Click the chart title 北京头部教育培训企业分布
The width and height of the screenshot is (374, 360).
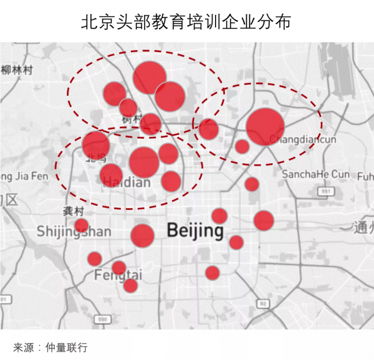point(186,22)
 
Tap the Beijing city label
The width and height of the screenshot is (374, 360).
point(194,231)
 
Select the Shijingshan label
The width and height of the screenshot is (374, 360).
point(74,232)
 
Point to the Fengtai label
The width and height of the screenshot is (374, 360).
point(118,275)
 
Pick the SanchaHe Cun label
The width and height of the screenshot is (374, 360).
point(315,174)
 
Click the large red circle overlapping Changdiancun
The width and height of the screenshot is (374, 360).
point(265,126)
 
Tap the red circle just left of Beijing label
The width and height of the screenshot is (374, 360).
point(142,236)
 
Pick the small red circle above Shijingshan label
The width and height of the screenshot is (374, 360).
point(81,225)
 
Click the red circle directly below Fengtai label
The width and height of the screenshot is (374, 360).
point(130,285)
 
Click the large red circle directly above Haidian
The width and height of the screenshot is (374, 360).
point(144,161)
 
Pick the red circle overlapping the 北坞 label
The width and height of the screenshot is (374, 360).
point(96,144)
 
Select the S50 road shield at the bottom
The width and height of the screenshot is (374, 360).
point(101,320)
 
